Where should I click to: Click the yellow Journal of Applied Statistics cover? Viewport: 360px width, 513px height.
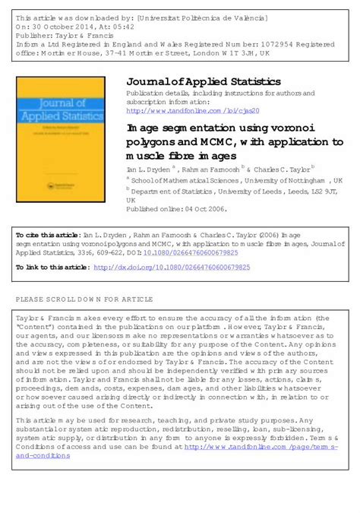coord(62,128)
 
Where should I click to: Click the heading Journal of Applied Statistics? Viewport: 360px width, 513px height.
coord(203,81)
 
